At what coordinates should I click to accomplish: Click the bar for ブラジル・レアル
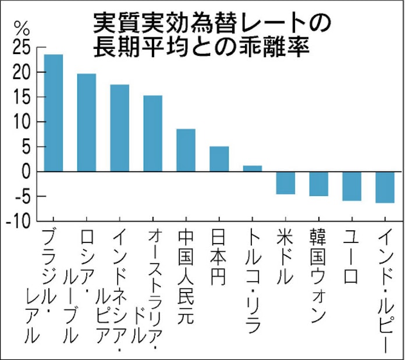coord(54,113)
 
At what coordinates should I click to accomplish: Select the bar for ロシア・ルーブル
coord(87,122)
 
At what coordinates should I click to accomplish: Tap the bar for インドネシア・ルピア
coord(120,128)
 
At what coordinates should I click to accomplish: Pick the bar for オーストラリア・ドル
coord(153,133)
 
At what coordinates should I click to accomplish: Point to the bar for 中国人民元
coord(186,150)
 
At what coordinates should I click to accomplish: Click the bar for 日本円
coord(219,159)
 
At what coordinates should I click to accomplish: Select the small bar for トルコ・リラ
coord(253,169)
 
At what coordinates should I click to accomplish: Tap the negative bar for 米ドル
coord(286,183)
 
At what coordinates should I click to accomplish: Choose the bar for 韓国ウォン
coord(319,184)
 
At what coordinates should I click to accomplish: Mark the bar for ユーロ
coord(352,186)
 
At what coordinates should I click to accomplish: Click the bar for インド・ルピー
coord(385,187)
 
